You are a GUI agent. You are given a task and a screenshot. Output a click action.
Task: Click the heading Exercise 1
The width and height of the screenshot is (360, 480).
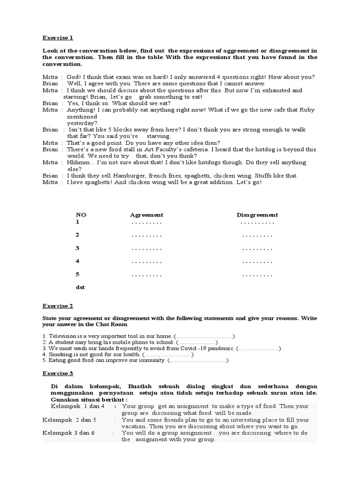click(x=58, y=37)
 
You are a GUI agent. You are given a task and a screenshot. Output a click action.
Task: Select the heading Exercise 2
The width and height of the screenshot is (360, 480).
click(x=58, y=306)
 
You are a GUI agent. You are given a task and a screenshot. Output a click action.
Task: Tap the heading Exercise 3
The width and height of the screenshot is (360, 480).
click(x=58, y=374)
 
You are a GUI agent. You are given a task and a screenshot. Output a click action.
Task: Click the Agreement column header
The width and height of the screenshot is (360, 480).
click(x=146, y=215)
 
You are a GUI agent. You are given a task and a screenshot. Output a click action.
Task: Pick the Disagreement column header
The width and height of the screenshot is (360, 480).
click(x=257, y=215)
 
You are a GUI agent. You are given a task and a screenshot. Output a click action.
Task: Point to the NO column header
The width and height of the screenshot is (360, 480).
click(x=81, y=215)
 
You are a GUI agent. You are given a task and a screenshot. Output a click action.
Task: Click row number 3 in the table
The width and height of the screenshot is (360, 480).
click(x=78, y=248)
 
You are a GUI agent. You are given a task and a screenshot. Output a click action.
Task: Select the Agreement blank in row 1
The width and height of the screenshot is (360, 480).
click(x=147, y=222)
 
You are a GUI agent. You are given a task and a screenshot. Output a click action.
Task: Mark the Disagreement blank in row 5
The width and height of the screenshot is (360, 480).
click(x=257, y=275)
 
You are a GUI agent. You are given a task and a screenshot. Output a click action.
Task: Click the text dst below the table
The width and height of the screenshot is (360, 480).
click(x=81, y=287)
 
